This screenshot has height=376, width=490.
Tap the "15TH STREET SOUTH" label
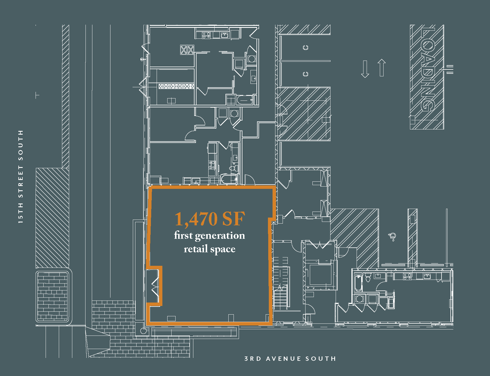20,177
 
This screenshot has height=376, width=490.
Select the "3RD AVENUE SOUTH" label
290,359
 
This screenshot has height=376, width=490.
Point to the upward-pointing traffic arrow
382,68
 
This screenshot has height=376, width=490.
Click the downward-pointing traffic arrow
365,69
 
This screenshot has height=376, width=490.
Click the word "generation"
220,236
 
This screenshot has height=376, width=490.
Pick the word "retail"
196,249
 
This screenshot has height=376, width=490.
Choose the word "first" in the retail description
183,235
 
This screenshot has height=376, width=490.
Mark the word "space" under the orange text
223,249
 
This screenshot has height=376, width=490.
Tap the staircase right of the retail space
281,283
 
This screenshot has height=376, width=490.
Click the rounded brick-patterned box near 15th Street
53,296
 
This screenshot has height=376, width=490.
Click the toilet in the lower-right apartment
368,278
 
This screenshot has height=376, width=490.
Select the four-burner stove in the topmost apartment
206,35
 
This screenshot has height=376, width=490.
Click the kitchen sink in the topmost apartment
224,35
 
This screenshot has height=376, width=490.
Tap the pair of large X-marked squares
187,50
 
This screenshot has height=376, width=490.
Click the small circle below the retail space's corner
143,331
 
